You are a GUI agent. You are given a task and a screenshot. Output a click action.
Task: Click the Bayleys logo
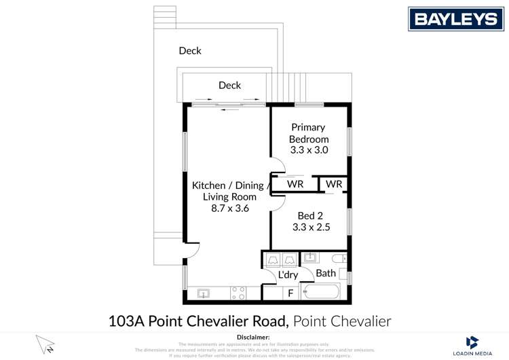455,19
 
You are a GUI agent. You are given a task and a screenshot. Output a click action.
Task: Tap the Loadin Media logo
472,346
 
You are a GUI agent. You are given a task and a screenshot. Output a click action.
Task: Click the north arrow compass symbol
45,344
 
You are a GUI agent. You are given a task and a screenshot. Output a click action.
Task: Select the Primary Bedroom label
308,132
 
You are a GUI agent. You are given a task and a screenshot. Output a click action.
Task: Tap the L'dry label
288,274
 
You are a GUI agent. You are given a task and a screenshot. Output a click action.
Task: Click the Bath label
326,273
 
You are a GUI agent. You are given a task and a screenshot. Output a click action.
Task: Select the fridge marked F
290,293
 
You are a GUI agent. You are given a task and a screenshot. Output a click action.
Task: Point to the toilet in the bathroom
339,258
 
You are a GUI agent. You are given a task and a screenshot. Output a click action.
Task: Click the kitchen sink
203,293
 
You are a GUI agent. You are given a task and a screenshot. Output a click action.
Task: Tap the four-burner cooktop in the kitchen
238,293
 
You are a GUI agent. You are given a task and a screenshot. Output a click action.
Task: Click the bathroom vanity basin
309,257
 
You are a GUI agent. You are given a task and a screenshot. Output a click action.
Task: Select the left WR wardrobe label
295,184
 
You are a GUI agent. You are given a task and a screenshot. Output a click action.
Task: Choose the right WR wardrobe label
333,184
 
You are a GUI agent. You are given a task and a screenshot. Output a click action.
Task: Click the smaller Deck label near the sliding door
229,85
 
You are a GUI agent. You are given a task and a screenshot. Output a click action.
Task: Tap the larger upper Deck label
190,50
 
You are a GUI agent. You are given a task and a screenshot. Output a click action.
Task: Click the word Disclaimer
253,337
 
